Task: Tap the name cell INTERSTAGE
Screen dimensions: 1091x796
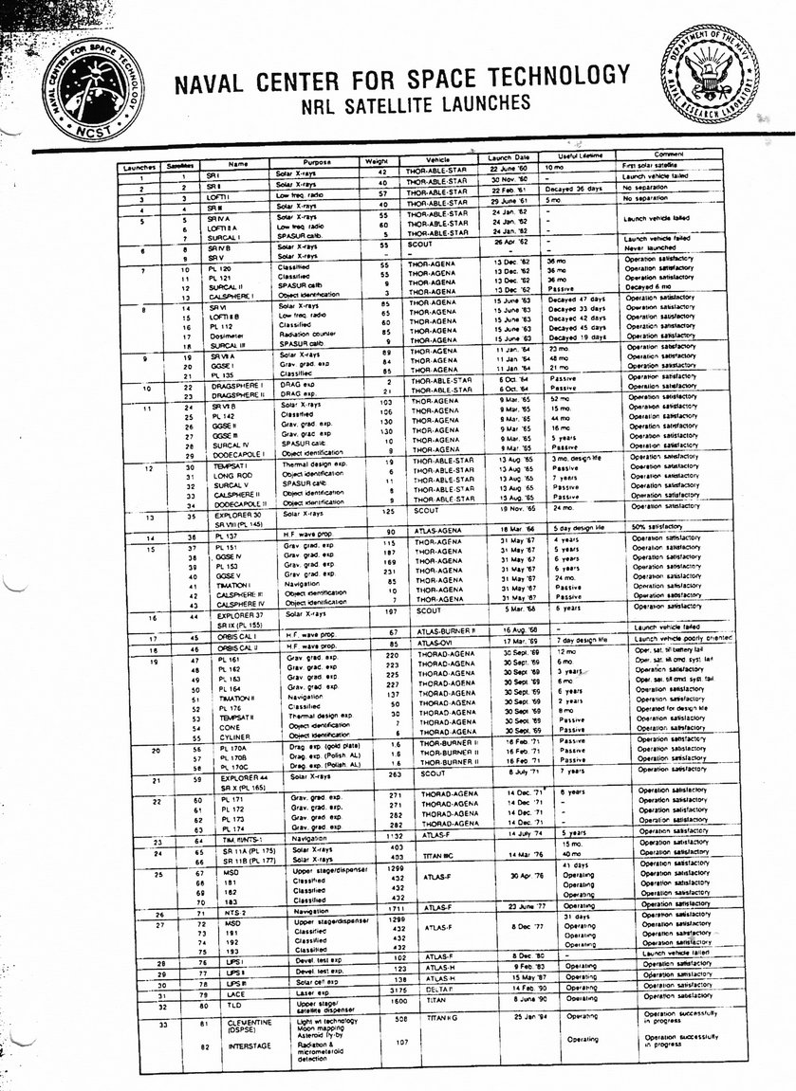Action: [x=248, y=1046]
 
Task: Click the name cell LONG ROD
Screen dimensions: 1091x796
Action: [x=231, y=476]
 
